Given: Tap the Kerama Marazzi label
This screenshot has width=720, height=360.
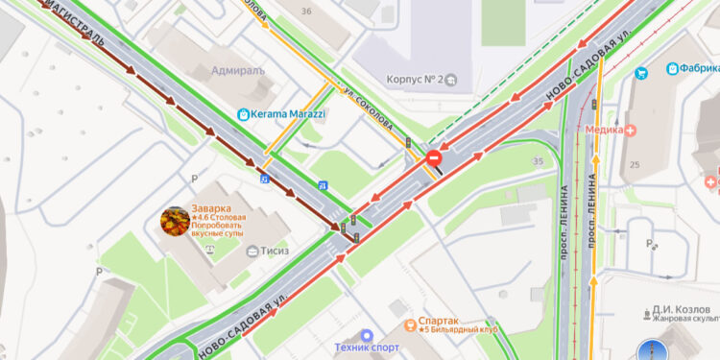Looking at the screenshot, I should click(288, 114).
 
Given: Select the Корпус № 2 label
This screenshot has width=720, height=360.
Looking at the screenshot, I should click(413, 79).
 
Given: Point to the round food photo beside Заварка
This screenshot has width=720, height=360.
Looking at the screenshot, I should click(175, 221).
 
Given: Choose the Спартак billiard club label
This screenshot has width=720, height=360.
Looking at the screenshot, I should click(438, 324).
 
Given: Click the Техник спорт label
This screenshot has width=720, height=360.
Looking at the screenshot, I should click(367, 347).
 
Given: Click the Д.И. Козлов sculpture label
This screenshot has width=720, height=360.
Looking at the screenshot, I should click(684, 311).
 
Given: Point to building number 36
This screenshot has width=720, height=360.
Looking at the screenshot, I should click(306, 11).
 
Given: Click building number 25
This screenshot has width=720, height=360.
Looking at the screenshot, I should click(635, 165).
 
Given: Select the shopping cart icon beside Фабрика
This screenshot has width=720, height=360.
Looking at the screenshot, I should click(671, 70).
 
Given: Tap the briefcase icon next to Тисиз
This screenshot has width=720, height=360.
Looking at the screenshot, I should click(252, 252).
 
